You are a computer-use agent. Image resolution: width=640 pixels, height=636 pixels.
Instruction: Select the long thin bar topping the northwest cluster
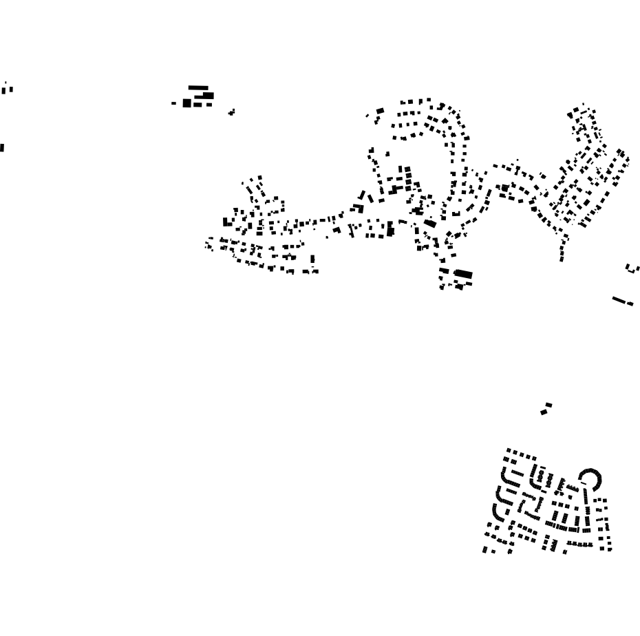click(198, 87)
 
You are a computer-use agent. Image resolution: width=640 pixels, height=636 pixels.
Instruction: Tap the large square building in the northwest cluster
click(186, 103)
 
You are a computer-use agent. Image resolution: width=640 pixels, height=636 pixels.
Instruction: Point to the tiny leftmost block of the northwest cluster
click(174, 104)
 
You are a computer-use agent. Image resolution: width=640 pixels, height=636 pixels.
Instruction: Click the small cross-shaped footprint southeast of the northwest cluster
click(231, 112)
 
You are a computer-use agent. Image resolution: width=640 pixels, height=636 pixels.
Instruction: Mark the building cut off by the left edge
click(1, 147)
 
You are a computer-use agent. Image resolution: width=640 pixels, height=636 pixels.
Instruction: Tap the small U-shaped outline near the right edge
click(632, 268)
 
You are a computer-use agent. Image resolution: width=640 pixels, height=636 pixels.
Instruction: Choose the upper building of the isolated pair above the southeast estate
click(548, 405)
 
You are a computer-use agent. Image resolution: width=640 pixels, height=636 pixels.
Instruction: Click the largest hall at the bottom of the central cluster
click(463, 274)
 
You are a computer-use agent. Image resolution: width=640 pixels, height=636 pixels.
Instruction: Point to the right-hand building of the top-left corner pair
click(10, 87)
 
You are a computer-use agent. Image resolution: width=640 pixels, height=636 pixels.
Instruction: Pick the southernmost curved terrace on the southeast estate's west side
click(497, 516)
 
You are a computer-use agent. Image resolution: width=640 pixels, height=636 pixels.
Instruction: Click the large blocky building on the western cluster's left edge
click(228, 222)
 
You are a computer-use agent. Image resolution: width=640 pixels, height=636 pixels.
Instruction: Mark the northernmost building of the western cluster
click(260, 178)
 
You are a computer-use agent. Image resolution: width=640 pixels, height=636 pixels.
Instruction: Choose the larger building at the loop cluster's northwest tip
click(379, 111)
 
